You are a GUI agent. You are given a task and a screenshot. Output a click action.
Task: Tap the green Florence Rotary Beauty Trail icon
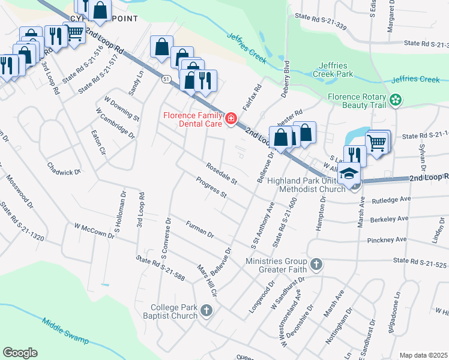coord(395,100)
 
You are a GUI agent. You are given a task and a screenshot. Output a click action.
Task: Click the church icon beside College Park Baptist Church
coord(206,310)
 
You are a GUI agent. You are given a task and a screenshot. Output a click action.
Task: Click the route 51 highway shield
coord(166,78)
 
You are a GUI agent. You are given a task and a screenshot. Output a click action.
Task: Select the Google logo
coord(20,353)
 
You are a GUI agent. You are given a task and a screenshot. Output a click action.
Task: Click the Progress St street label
coord(211,187)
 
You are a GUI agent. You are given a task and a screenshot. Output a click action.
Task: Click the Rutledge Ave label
coord(391,199)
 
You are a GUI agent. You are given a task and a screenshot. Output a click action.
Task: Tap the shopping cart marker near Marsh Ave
coord(377,142)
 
